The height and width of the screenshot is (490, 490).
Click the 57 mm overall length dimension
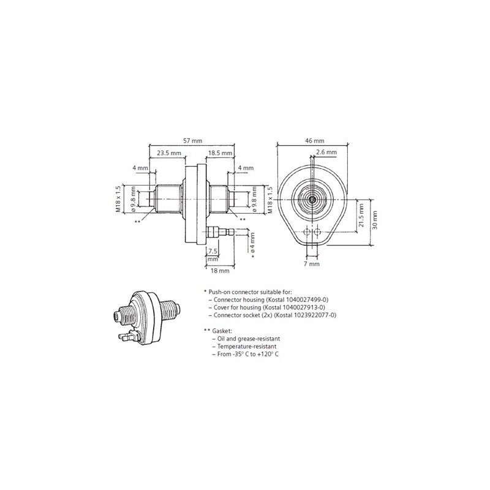192,141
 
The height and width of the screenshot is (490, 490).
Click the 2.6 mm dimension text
326,152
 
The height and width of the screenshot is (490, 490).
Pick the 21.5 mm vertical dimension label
362,216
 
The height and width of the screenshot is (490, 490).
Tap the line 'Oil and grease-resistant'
245,339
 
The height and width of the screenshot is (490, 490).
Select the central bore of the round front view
312,200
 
